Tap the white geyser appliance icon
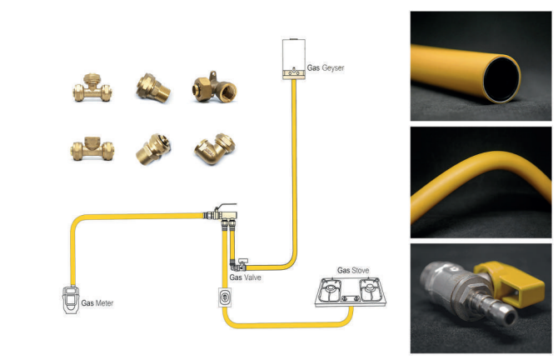tap(293, 59)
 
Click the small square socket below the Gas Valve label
tap(223, 297)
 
